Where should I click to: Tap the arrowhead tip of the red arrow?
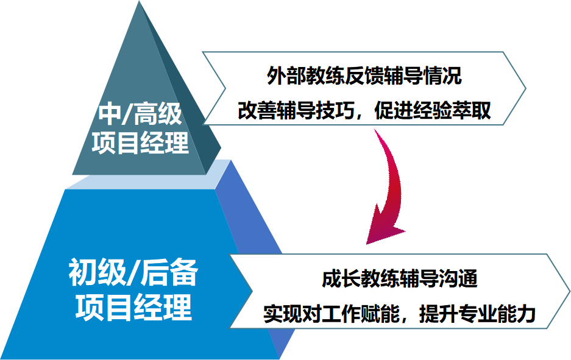(366, 244)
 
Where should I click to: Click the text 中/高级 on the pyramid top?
(140, 114)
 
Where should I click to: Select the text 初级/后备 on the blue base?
(133, 272)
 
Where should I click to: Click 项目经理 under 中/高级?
(141, 143)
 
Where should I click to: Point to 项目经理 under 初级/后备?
(133, 308)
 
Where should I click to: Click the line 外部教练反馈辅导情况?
(364, 76)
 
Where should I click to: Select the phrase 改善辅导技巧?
(296, 110)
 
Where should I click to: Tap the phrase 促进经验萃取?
(433, 110)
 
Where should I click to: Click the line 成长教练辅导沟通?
(400, 279)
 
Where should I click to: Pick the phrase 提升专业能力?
(477, 314)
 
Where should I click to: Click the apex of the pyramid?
(140, 1)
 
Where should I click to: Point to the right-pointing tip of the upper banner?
(526, 88)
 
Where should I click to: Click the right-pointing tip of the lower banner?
(569, 291)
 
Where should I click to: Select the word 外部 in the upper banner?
(286, 76)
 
